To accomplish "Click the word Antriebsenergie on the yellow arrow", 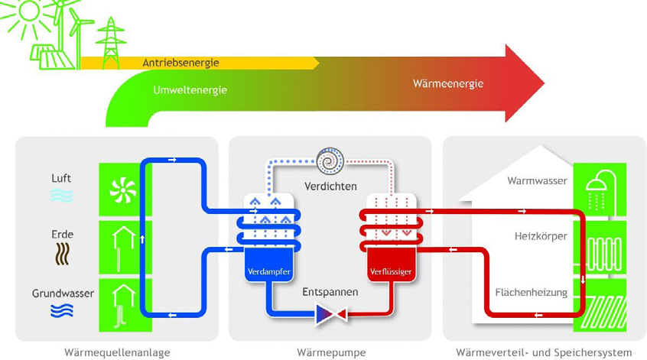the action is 180,63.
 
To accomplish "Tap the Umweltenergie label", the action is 190,90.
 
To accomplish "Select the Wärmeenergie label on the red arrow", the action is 448,84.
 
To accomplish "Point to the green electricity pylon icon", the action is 110,43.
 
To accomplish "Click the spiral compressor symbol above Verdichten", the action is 330,161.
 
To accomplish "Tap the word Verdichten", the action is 330,186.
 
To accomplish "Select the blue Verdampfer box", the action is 269,264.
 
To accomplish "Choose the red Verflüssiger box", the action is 391,264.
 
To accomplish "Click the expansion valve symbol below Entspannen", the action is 330,315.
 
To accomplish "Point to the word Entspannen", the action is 330,293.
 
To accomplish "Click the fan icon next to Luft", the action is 123,191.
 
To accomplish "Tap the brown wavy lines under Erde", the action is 62,254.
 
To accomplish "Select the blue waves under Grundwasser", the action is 62,310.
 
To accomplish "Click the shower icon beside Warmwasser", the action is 600,190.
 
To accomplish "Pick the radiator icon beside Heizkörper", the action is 603,253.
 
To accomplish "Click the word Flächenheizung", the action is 531,293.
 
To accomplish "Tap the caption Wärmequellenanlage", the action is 117,353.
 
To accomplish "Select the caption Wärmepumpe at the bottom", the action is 331,353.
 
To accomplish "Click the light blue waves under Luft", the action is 62,196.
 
